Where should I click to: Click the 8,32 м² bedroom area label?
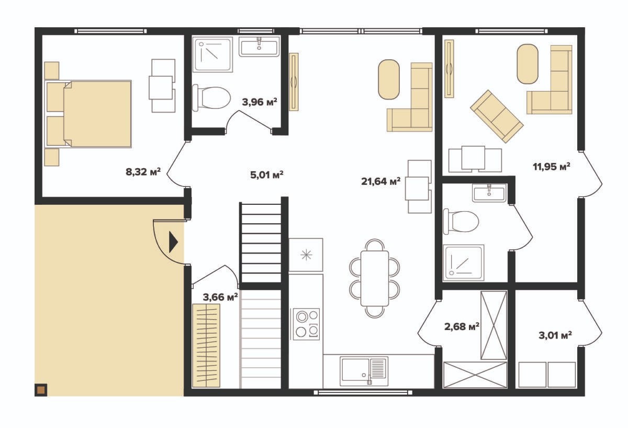pos(143,171)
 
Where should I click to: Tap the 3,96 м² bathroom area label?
pos(260,102)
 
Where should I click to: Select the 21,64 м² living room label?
pos(380,181)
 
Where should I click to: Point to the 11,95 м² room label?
pos(551,167)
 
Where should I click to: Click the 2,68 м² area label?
pos(462,326)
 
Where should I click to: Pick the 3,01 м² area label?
pos(555,335)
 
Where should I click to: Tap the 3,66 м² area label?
pos(220,297)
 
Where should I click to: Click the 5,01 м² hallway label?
pos(266,175)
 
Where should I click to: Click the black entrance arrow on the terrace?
pos(173,242)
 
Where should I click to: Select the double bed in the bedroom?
pos(88,114)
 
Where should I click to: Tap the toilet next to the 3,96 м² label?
pos(211,98)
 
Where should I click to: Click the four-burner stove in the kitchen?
pos(307,324)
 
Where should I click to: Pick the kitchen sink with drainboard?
pos(364,371)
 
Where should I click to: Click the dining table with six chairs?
pos(375,278)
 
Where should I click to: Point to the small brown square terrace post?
pos(41,390)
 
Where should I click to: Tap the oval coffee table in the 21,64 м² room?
pos(388,79)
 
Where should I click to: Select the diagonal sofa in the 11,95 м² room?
pos(497,116)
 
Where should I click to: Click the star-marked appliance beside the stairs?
pos(306,255)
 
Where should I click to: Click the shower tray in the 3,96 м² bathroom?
pos(212,54)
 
